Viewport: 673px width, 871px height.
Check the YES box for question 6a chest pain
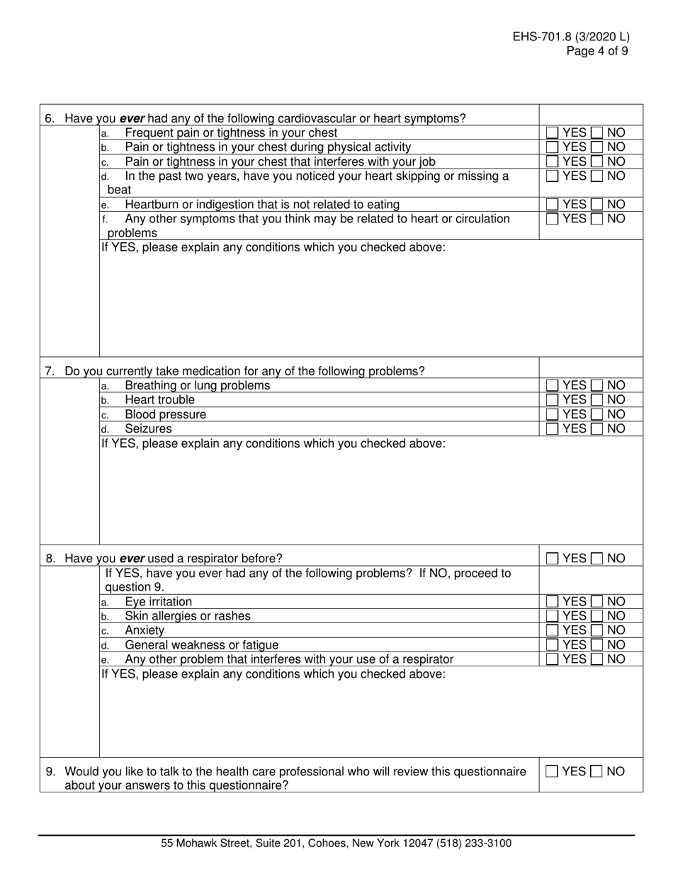pyautogui.click(x=553, y=132)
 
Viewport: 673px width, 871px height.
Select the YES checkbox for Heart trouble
pyautogui.click(x=553, y=400)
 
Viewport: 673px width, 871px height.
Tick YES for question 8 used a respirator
pyautogui.click(x=553, y=559)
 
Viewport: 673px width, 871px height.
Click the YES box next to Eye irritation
pyautogui.click(x=553, y=602)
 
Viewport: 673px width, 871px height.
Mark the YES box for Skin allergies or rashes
pyautogui.click(x=553, y=616)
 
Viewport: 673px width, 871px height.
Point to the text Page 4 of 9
pyautogui.click(x=596, y=51)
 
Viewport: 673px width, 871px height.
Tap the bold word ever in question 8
pyautogui.click(x=132, y=558)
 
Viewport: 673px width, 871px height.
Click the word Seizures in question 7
pyautogui.click(x=148, y=428)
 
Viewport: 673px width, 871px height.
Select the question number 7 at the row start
pyautogui.click(x=50, y=371)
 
